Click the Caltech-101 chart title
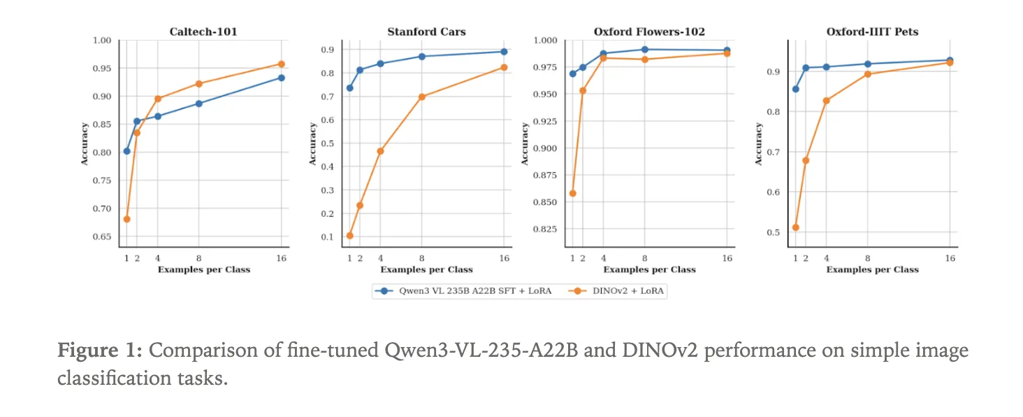pos(203,31)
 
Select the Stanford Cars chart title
pos(426,31)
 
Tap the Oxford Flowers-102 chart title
pos(649,31)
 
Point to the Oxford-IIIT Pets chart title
pos(872,31)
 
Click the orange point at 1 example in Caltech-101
pos(126,219)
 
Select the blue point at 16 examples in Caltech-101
pos(281,78)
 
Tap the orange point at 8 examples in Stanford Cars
pos(421,97)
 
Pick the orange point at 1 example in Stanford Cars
pos(349,235)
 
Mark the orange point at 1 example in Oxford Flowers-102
pos(573,193)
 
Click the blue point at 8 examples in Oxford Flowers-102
pos(644,50)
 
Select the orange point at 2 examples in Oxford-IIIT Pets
pos(806,160)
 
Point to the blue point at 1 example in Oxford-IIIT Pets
pos(795,89)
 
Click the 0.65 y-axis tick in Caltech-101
pos(102,236)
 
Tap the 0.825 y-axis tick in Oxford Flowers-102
pos(544,229)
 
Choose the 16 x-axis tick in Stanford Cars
pos(504,258)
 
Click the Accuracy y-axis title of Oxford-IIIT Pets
pos(759,144)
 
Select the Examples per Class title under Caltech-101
pos(203,269)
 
